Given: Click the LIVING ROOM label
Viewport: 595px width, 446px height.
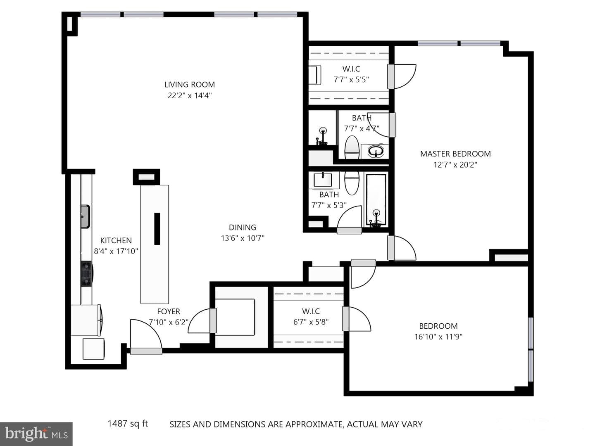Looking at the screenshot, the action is point(190,85).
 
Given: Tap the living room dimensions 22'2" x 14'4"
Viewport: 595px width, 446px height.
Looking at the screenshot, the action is point(190,95).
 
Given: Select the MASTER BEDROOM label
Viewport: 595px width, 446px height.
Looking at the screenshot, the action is point(455,154).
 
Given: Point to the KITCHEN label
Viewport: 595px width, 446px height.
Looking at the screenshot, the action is point(116,240).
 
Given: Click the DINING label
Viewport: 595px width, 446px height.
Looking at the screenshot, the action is point(242,227).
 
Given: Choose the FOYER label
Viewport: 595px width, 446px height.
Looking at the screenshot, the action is point(169,311).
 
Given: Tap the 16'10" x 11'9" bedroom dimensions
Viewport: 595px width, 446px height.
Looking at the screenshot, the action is point(438,337).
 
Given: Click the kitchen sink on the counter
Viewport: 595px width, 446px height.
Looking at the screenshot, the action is point(85,217).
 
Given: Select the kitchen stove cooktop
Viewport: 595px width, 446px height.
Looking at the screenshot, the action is point(87,273).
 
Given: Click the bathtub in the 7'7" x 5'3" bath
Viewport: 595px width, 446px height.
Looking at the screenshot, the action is point(376,200).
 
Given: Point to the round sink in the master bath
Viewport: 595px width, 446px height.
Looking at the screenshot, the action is point(376,151).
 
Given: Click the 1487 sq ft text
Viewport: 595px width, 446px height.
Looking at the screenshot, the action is point(128,423).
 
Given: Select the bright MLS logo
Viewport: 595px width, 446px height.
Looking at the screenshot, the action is point(36,434).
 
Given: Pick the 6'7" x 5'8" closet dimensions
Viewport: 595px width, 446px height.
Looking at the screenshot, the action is point(311,322).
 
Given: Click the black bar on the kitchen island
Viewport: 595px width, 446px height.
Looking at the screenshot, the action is point(157,229).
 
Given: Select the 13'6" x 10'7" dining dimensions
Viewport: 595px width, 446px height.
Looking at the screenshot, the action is point(243,238).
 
